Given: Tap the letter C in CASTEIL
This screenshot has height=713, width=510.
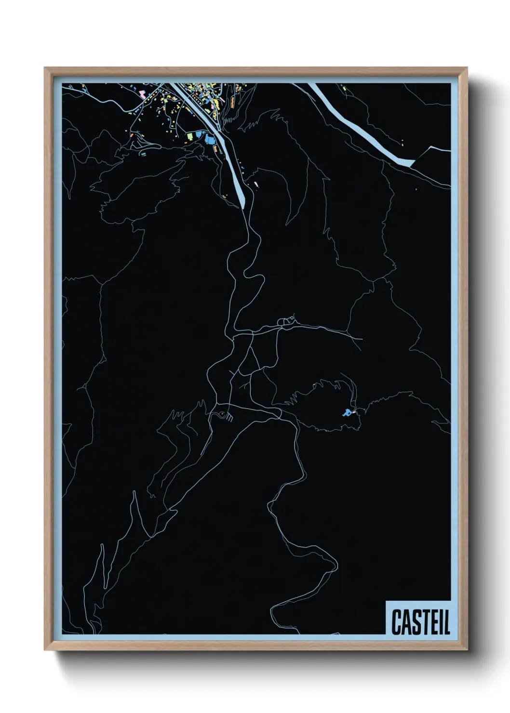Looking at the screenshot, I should [x=397, y=622].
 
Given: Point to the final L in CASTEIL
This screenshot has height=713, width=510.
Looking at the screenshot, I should [x=447, y=622].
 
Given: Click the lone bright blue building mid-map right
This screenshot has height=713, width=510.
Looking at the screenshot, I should [x=346, y=412].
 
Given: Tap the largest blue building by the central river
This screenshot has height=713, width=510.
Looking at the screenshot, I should [x=209, y=140].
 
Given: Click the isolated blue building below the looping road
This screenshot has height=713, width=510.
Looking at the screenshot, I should [x=143, y=154].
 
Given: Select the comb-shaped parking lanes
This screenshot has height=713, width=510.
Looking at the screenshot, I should [x=228, y=418].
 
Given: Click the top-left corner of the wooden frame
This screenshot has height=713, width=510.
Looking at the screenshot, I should [x=45, y=68].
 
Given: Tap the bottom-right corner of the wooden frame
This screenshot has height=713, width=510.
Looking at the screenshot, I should [x=467, y=650].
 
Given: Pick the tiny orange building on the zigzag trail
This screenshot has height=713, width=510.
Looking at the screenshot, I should [x=314, y=384].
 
